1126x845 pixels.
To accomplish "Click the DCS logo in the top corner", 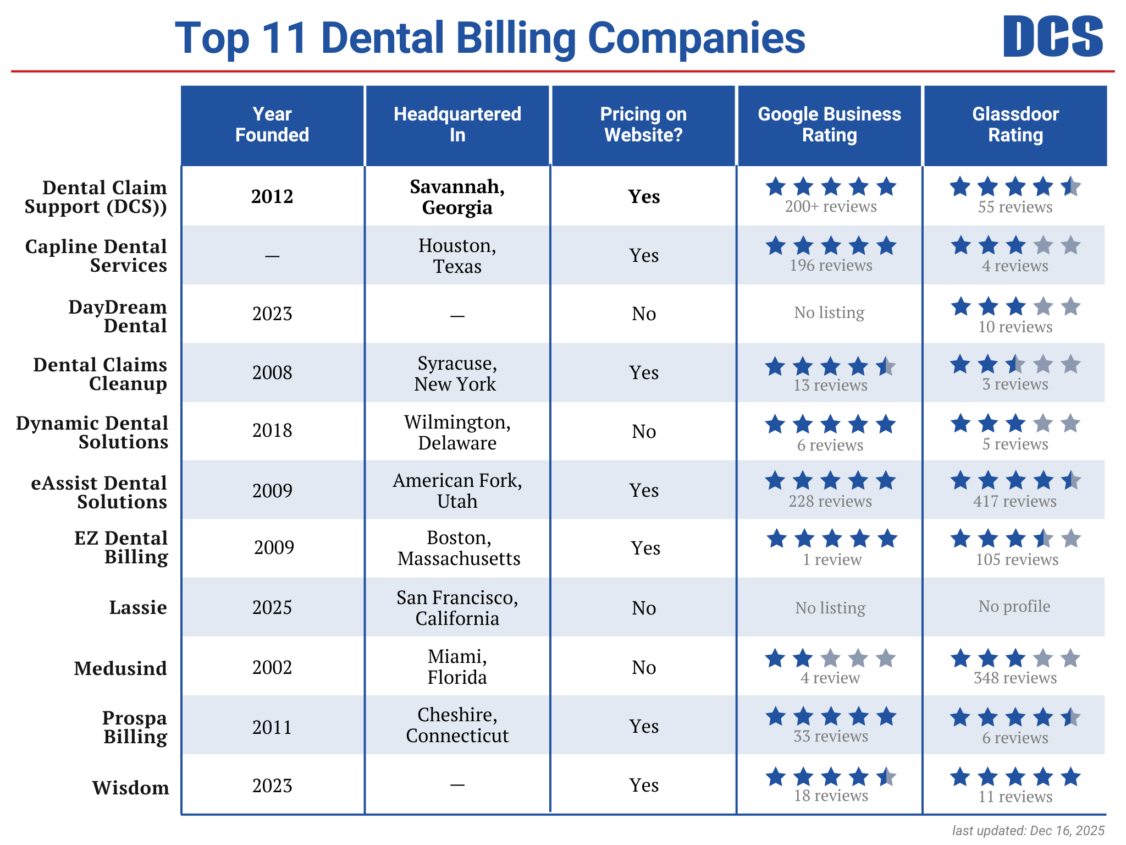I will click(x=1052, y=36).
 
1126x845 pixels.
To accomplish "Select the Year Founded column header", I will click(x=272, y=125).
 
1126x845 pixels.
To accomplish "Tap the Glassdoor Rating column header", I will click(x=1015, y=125).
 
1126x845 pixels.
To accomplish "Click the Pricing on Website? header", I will click(x=643, y=125).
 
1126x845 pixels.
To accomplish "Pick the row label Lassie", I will click(x=137, y=607).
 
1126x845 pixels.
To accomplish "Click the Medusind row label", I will click(x=120, y=668).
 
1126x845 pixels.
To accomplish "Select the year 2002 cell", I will click(x=272, y=667).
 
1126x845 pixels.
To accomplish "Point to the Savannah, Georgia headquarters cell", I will click(x=457, y=197).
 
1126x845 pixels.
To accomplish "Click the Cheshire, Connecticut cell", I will click(x=457, y=725).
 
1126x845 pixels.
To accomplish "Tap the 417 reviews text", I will click(x=1015, y=501).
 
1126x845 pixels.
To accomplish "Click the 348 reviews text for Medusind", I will click(x=1015, y=678).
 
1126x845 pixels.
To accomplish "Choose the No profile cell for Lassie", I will click(x=1014, y=606).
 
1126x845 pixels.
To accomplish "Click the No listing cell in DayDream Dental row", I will click(x=829, y=312).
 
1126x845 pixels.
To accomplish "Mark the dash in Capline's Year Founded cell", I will click(x=272, y=256).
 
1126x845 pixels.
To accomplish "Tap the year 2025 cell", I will click(x=272, y=607).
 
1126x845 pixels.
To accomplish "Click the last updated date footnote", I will click(x=1028, y=830).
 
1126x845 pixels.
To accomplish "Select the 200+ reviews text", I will click(x=830, y=207).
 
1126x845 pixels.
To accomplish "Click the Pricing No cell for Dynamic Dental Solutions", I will click(x=643, y=432).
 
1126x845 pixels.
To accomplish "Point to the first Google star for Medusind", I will click(x=775, y=658).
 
